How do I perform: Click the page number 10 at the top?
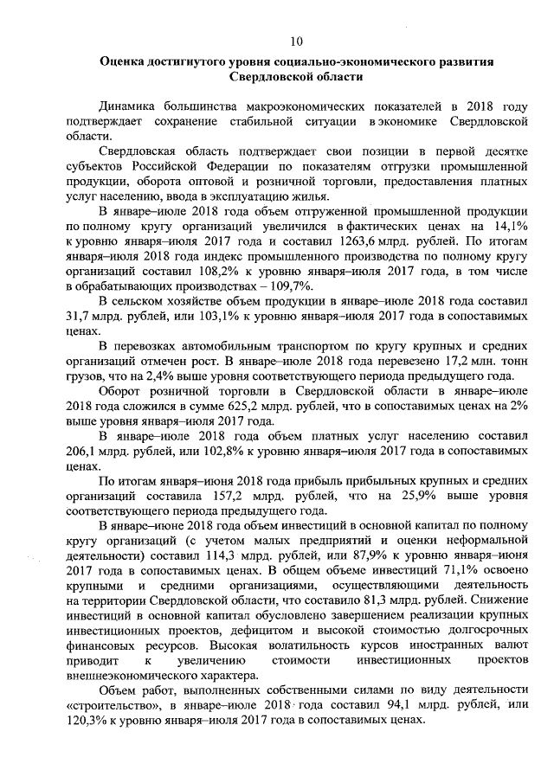coord(296,42)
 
